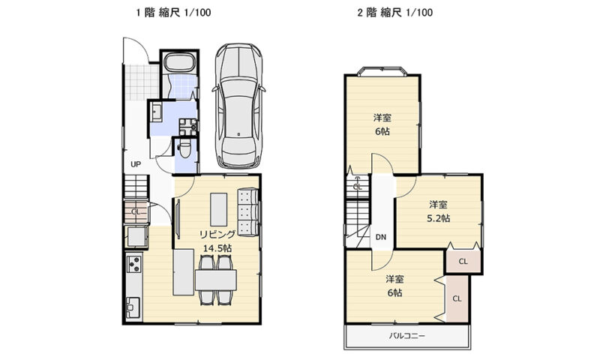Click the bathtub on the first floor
[x=179, y=63]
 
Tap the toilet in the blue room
[x=184, y=149]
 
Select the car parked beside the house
[x=238, y=106]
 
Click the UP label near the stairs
[x=136, y=164]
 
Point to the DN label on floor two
[x=381, y=237]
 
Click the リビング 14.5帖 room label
[x=217, y=241]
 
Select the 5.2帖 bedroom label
[x=438, y=211]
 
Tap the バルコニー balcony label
[x=406, y=336]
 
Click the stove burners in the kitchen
[x=134, y=264]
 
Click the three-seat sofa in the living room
[x=247, y=211]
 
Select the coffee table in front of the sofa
[x=218, y=209]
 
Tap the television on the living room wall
[x=178, y=219]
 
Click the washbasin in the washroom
[x=156, y=112]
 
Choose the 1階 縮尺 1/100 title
[x=174, y=13]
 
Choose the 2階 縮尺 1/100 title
[x=395, y=13]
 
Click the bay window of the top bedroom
[x=382, y=71]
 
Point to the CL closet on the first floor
[x=136, y=211]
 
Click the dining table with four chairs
[x=216, y=280]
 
